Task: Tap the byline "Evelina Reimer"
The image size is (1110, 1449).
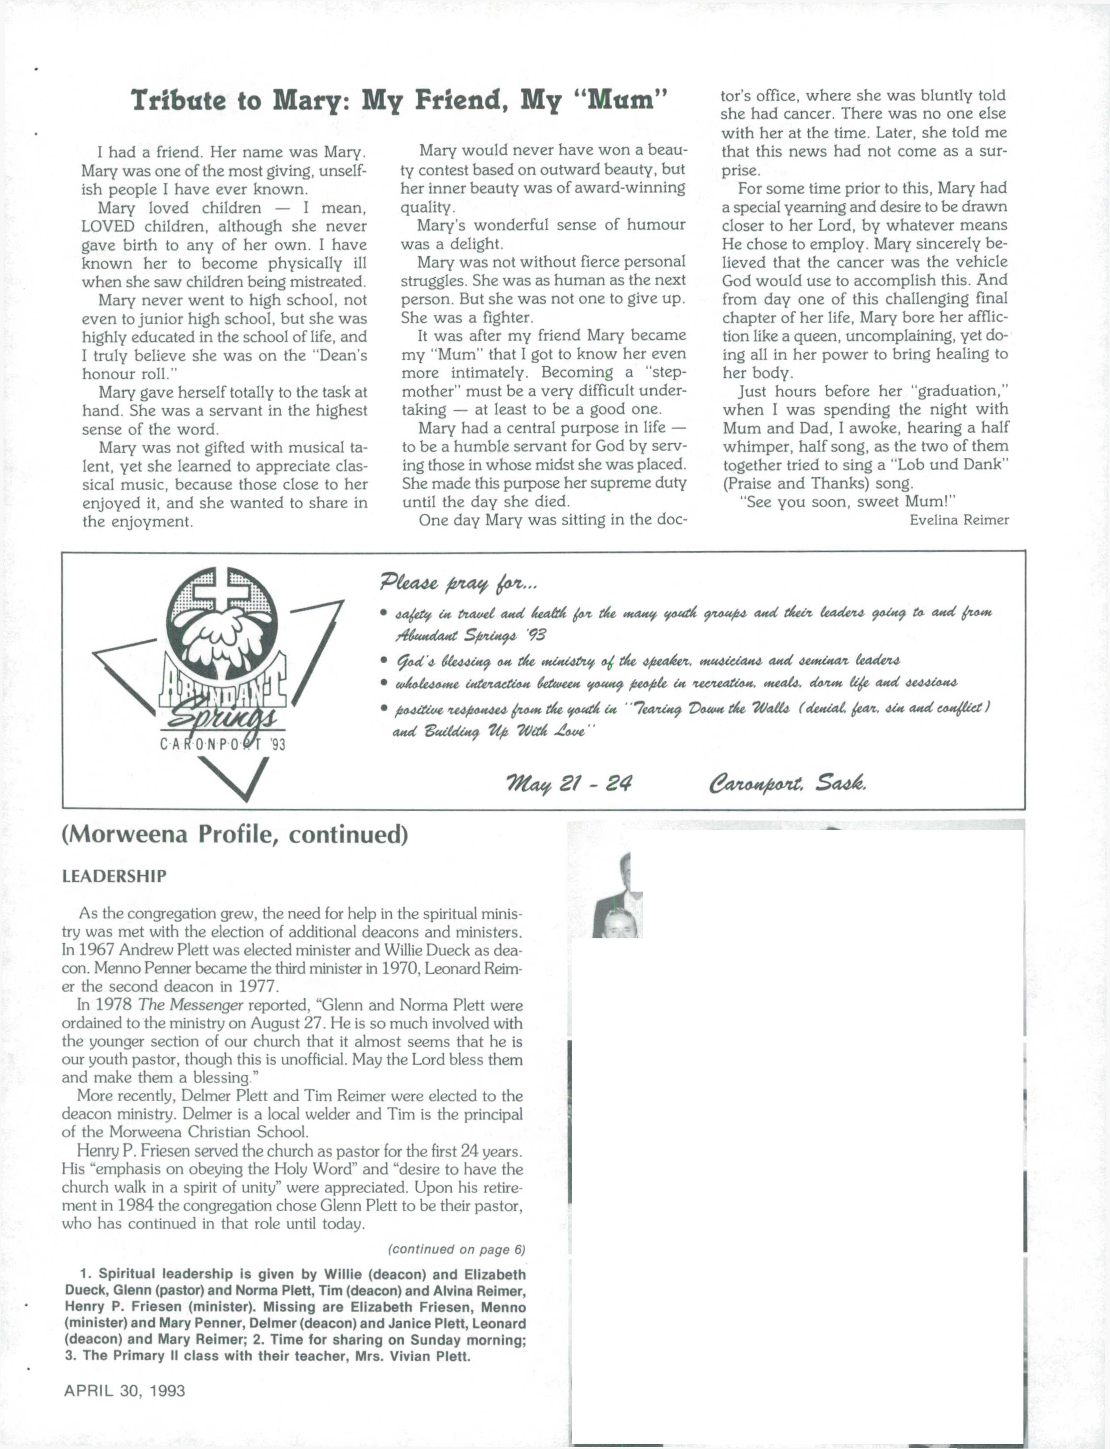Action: coord(959,520)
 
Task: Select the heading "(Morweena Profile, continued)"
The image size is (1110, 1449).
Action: coord(234,835)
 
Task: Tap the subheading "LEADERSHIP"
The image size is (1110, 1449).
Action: coord(114,877)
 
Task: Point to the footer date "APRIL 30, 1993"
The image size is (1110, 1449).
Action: coord(124,1390)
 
